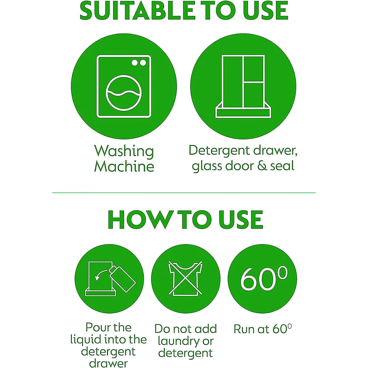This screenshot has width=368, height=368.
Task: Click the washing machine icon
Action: (124, 86)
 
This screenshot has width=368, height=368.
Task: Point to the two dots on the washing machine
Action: (139, 63)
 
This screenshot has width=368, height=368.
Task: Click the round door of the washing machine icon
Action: (124, 93)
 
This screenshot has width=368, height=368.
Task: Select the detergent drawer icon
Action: (243, 86)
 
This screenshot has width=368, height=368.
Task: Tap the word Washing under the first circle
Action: (124, 152)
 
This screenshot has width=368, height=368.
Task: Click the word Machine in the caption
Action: (124, 166)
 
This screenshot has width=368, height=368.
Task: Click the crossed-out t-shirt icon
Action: (185, 279)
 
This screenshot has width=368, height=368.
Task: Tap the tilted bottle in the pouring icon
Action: (122, 278)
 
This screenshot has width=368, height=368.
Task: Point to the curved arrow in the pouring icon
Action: (101, 275)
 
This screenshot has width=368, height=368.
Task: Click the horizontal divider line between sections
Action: (184, 193)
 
